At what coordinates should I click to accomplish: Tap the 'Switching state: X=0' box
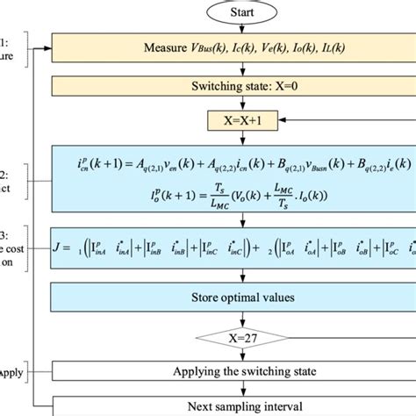click(233, 88)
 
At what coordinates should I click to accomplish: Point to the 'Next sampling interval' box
click(233, 406)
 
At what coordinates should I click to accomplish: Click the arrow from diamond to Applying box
click(233, 356)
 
